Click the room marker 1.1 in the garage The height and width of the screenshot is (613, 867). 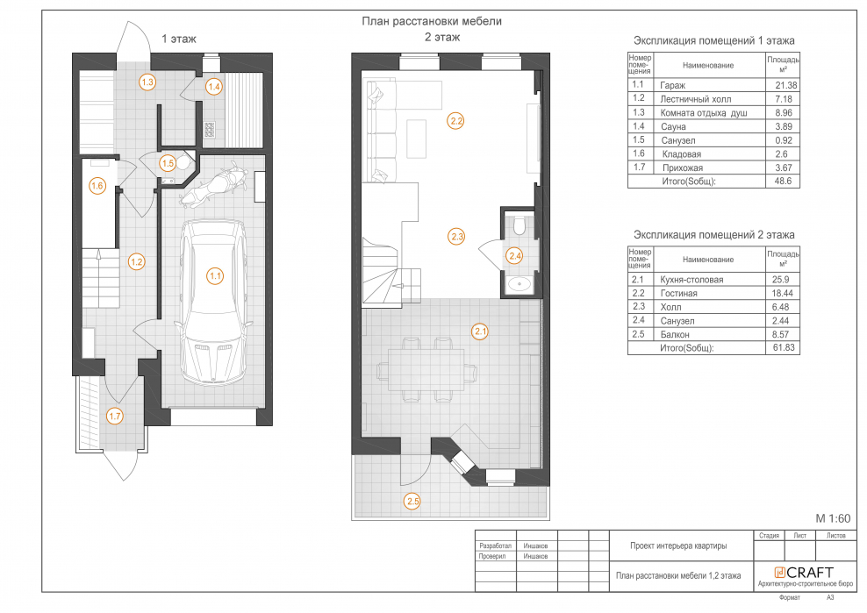215,276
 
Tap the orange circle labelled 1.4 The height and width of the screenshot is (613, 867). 214,87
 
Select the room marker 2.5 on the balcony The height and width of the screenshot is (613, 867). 412,502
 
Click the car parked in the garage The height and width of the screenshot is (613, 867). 214,302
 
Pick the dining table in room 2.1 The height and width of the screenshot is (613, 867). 426,370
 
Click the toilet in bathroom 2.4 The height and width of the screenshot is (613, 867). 519,225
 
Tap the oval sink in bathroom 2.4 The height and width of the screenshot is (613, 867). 519,284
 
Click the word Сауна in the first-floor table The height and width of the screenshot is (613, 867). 673,126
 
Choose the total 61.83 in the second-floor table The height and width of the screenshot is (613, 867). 784,347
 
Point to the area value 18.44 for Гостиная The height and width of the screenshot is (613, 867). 784,293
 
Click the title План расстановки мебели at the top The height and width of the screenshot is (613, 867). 432,21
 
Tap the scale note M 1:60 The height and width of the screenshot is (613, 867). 833,518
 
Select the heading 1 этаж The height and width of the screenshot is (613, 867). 179,39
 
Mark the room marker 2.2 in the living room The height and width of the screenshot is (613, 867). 455,121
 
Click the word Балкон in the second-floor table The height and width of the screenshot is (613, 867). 675,334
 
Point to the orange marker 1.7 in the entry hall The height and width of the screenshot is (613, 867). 114,417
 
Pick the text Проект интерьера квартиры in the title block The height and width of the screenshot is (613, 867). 678,545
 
